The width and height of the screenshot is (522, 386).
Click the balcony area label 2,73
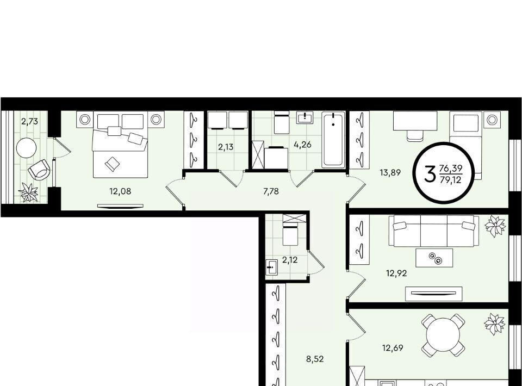point(29,121)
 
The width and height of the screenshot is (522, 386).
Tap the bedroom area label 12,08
point(120,191)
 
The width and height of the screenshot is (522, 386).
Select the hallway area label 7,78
point(271,191)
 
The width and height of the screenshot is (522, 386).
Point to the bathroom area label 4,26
point(302,145)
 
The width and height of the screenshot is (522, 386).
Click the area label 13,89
point(390,172)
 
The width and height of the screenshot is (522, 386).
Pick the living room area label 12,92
point(396,273)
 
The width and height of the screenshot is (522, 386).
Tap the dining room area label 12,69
point(393,348)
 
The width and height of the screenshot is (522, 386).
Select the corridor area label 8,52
point(315,359)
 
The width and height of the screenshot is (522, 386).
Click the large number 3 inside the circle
point(430,174)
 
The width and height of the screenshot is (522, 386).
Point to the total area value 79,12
point(451,178)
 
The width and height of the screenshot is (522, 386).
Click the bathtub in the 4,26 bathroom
point(333,140)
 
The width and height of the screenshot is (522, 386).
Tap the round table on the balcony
point(26,148)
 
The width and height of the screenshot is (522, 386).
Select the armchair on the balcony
point(39,170)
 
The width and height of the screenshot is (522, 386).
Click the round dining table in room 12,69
point(443,335)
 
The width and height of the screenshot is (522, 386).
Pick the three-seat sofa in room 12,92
point(434,231)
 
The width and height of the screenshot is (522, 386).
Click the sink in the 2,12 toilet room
point(272,267)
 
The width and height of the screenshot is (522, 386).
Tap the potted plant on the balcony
point(29,192)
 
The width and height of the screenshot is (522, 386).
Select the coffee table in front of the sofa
point(434,258)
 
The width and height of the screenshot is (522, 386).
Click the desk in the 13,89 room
point(415,121)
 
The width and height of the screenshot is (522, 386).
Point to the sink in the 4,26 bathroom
point(305,117)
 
